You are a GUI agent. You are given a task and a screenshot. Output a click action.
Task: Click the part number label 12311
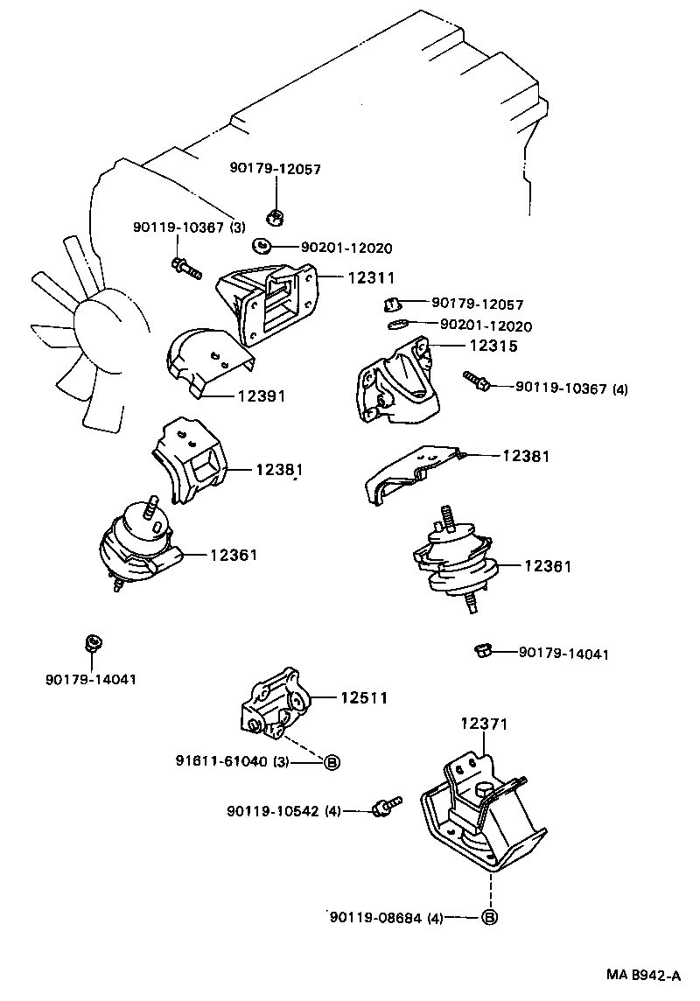[x=371, y=277]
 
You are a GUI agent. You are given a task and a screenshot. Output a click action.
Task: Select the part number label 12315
[x=493, y=346]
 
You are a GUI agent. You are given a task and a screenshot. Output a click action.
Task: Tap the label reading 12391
[x=261, y=396]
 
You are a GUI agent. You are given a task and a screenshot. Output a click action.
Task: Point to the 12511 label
[x=364, y=697]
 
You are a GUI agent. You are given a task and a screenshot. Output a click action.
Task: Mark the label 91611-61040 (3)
[x=233, y=761]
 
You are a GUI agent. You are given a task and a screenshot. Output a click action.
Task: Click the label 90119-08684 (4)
[x=387, y=918]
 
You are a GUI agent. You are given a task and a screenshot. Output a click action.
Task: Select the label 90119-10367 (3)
[x=189, y=227]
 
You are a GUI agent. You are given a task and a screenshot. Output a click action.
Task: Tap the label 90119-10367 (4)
[x=572, y=388]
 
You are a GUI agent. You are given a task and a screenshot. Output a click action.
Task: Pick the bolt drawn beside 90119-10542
[x=385, y=807]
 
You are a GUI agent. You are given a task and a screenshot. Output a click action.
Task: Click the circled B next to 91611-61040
[x=332, y=762]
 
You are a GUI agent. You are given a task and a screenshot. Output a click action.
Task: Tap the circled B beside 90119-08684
[x=490, y=918]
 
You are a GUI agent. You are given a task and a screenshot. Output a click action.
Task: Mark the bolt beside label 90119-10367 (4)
[x=478, y=381]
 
